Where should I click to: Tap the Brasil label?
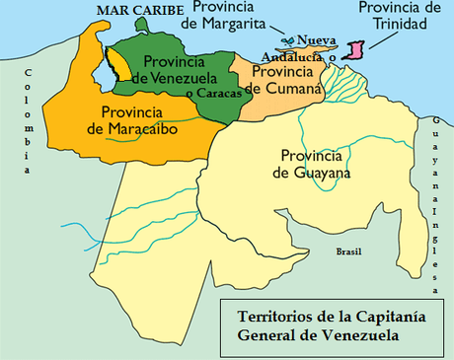click(x=348, y=252)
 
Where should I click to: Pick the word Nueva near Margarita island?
click(x=315, y=41)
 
